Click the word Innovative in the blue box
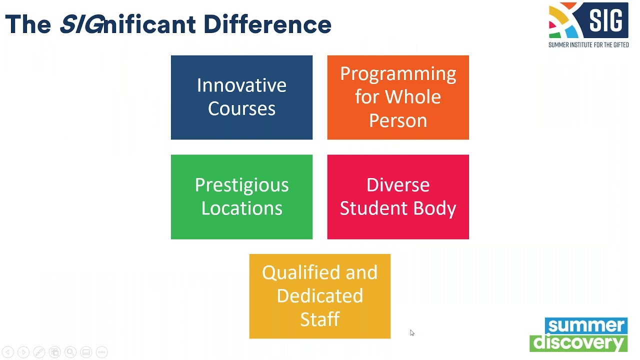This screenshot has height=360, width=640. tap(241, 85)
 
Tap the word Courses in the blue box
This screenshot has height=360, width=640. tap(241, 109)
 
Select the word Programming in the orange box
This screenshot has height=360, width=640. tap(398, 74)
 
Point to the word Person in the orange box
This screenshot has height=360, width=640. tap(398, 120)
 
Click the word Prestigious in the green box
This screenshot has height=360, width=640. tap(241, 185)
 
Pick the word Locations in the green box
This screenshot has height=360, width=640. tap(241, 208)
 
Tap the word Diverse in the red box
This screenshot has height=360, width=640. tap(398, 185)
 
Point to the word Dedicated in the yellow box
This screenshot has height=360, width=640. tap(319, 296)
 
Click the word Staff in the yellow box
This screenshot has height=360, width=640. tap(319, 319)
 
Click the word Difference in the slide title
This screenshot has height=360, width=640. tap(267, 24)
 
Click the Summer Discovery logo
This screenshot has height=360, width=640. tap(578, 334)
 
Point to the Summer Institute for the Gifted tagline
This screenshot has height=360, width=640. tap(588, 45)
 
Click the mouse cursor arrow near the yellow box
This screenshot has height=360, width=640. tap(411, 332)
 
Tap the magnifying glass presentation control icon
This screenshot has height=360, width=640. tap(70, 352)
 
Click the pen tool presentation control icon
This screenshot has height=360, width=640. tap(39, 352)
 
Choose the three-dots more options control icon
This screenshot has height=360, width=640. tap(101, 352)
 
